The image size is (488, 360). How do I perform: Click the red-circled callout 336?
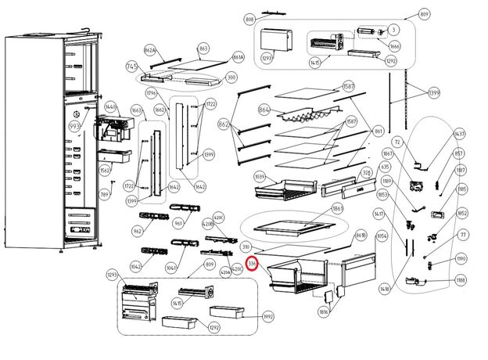tap(252, 265)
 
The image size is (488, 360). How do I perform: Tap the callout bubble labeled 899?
tap(425, 14)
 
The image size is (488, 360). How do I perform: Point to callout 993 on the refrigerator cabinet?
tap(75, 126)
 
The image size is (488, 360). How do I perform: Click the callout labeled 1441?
tap(111, 107)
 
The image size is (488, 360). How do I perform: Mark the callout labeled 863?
tap(204, 49)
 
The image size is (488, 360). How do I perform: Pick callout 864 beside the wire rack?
tap(264, 110)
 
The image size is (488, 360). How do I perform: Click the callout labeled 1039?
tap(239, 178)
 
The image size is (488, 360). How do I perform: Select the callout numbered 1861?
tap(338, 209)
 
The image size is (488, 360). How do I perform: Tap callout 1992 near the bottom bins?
tap(268, 317)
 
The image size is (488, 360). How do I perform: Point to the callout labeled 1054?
tap(382, 236)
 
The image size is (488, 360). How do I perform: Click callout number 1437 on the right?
tap(460, 135)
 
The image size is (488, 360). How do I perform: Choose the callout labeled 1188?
tap(461, 280)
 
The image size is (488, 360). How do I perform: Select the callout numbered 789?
tap(103, 195)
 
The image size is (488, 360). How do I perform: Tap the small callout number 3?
tap(393, 29)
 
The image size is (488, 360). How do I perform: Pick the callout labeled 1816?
tap(324, 312)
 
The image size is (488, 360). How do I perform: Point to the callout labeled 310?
tap(248, 247)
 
